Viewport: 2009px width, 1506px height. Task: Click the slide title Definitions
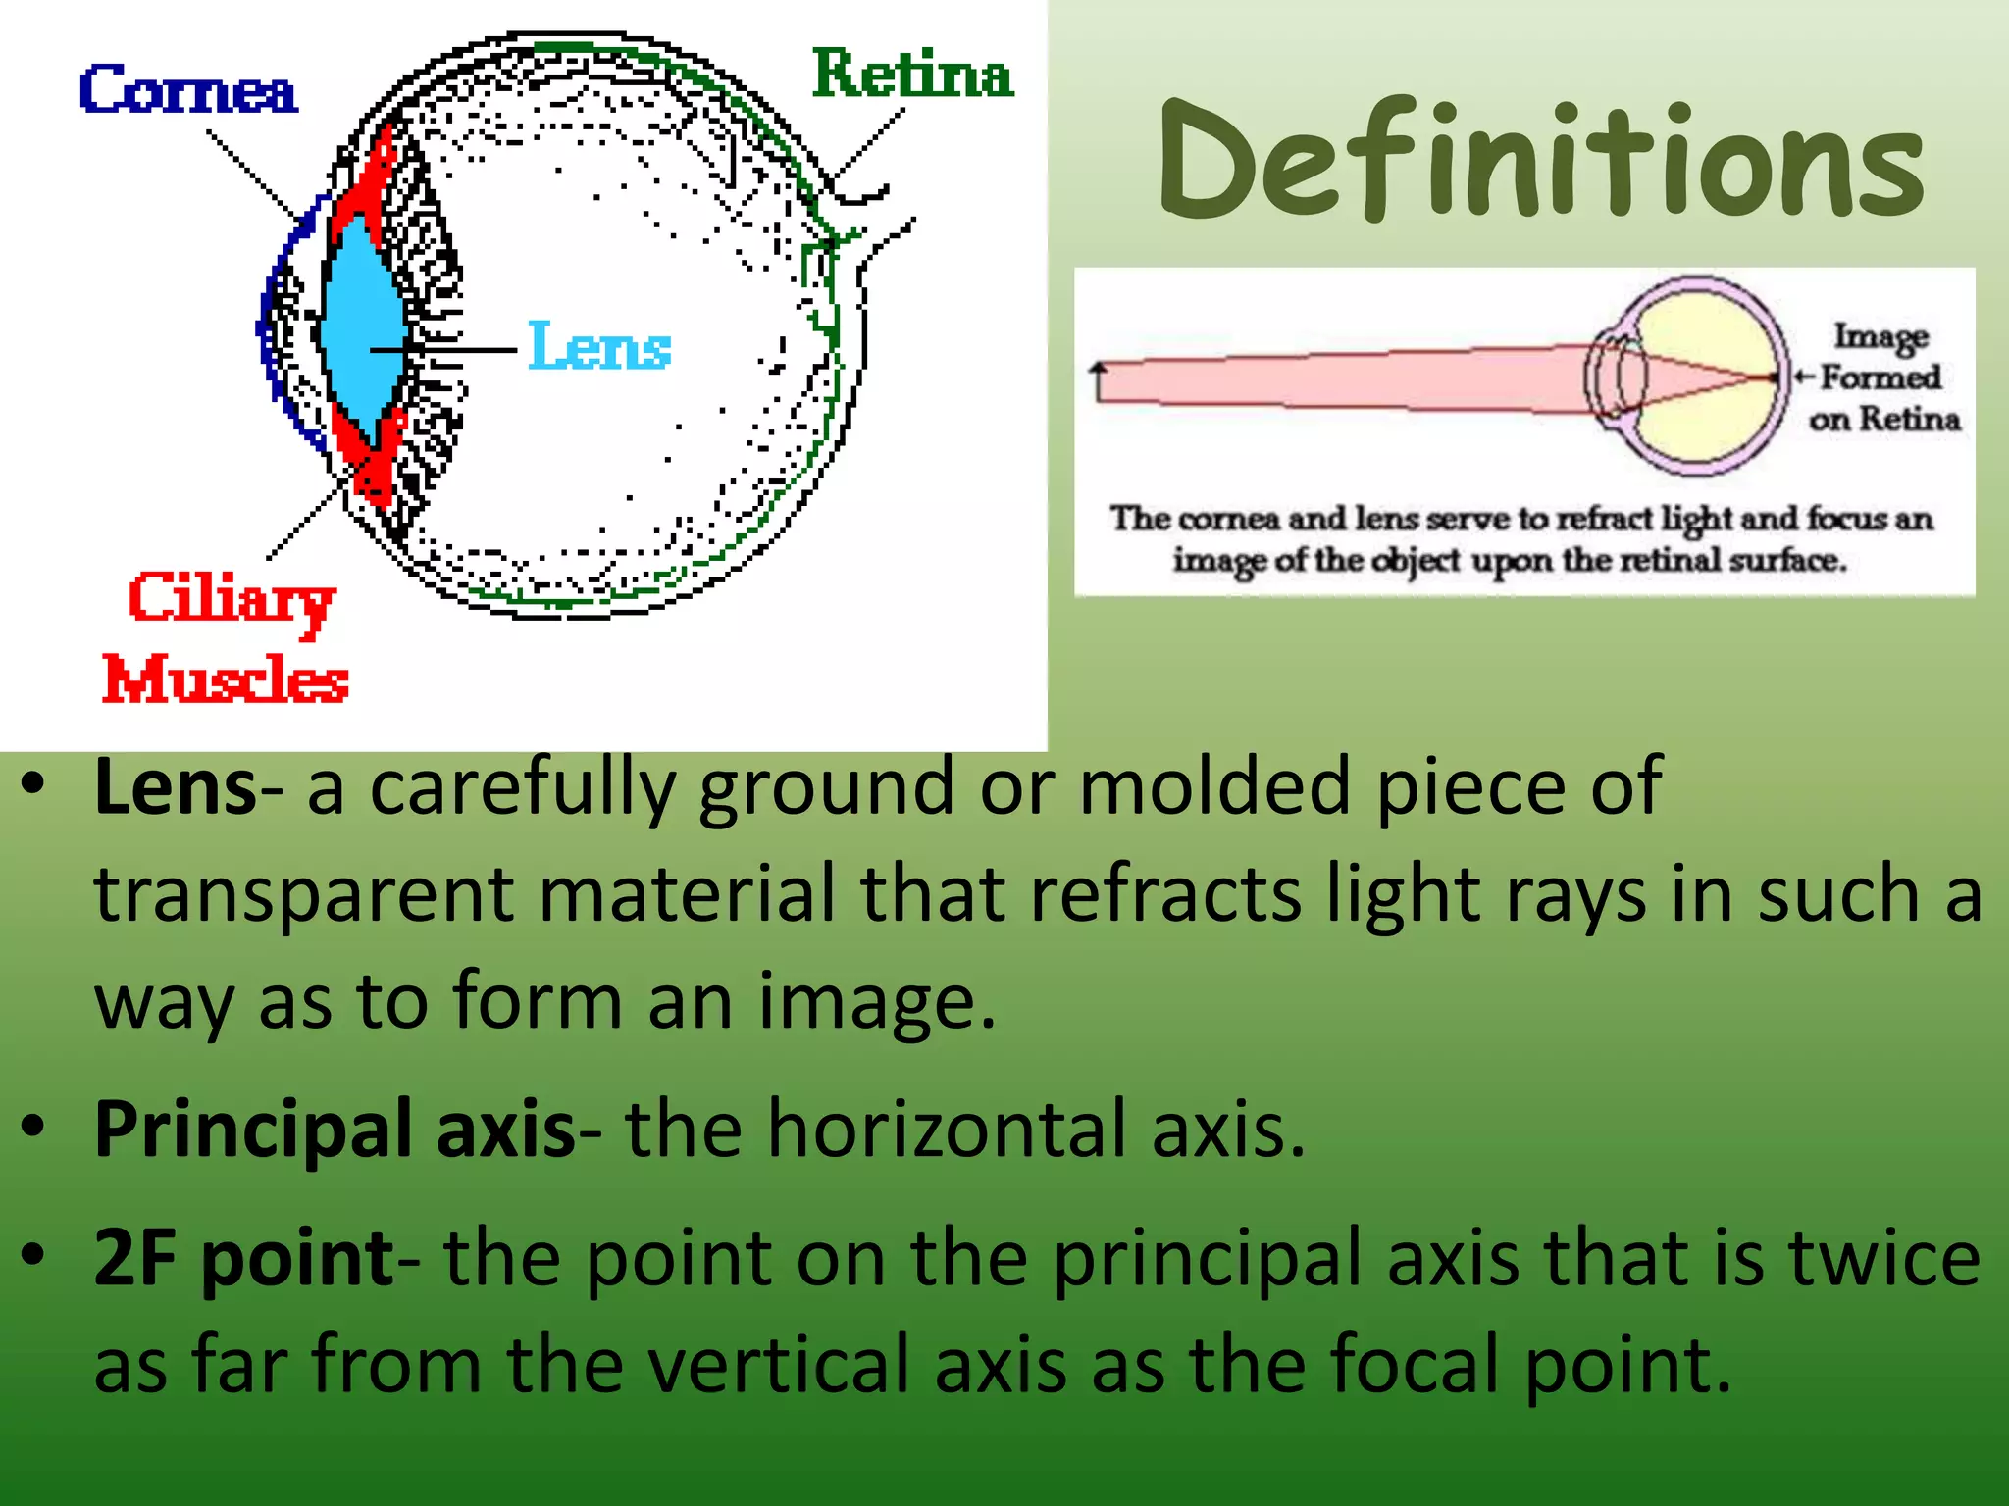(1540, 162)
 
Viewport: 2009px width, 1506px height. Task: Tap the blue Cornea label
(187, 90)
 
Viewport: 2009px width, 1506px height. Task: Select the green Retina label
(912, 75)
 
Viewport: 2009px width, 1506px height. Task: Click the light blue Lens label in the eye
(599, 346)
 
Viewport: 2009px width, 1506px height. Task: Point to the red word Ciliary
(232, 600)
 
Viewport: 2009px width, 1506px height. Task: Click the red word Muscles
(226, 678)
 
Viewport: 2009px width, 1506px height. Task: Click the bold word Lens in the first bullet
(176, 787)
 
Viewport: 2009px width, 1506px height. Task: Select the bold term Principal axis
(334, 1129)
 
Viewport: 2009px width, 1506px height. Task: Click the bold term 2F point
(243, 1258)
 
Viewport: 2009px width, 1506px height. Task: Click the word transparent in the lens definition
(303, 894)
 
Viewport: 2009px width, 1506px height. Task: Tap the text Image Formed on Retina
(1880, 377)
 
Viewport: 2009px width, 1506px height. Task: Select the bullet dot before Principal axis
(33, 1128)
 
